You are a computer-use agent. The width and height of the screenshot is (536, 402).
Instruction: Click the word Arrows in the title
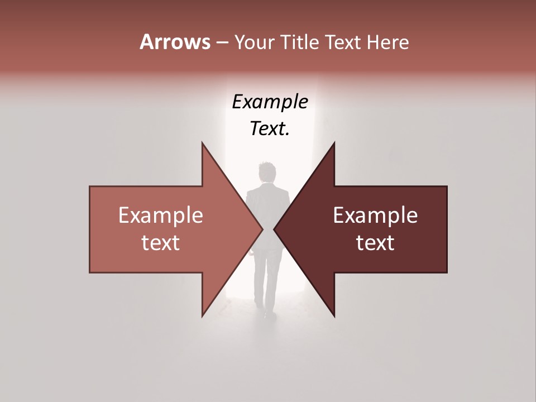(175, 42)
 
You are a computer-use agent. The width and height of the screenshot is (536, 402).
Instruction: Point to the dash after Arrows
(222, 42)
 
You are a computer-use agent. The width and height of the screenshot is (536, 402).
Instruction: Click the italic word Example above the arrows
(270, 102)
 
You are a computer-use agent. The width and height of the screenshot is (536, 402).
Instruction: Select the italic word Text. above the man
(270, 128)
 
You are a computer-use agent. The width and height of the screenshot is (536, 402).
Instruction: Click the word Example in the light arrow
(161, 216)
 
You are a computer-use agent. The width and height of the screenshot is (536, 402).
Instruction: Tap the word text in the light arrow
(161, 243)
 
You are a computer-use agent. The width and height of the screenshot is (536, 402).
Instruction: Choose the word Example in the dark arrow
(375, 216)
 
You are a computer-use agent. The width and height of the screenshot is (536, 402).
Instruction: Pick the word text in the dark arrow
(375, 243)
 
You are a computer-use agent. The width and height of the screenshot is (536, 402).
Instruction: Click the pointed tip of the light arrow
(262, 229)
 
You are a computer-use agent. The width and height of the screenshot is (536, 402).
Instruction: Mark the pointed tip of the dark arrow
(275, 229)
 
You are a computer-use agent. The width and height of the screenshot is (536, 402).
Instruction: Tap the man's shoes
(269, 314)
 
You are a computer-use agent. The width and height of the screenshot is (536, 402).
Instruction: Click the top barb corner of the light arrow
(202, 143)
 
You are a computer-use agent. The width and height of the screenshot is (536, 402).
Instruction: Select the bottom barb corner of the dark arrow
(334, 317)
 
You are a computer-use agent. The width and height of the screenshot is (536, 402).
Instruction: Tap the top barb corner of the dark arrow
(334, 143)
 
